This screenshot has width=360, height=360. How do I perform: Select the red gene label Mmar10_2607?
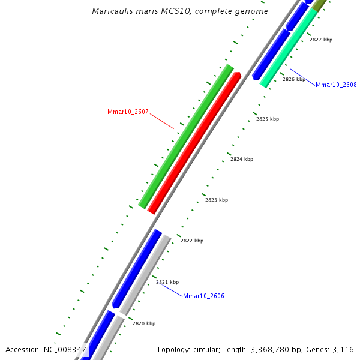128,112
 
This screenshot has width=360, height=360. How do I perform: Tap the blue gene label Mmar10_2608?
336,85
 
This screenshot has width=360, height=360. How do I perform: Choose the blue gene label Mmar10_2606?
203,296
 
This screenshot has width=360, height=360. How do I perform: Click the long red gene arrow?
194,143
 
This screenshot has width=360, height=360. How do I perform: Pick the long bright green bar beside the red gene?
185,137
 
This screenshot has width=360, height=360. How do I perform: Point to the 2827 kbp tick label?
320,40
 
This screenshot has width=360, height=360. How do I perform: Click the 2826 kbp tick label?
294,79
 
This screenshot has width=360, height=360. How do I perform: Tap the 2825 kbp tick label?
268,119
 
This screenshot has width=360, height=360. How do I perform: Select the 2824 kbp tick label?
242,159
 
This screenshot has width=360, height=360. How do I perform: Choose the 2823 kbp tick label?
217,200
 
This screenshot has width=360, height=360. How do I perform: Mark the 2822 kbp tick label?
192,241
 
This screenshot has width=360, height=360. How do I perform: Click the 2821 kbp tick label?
167,282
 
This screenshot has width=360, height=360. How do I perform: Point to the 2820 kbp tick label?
144,323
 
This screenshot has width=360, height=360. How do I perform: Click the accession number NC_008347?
65,349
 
